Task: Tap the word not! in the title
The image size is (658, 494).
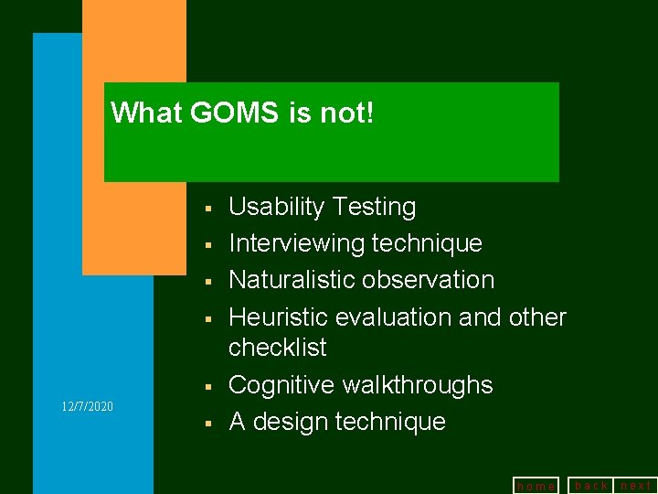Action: pos(347,113)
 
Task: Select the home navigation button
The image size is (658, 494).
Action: pos(536,486)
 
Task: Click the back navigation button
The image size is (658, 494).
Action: pos(591,485)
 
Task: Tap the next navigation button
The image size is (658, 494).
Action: pos(636,485)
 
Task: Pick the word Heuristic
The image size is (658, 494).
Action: pos(278,317)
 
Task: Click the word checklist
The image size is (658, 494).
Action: pos(277,348)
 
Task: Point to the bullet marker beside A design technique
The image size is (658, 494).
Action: pos(209,424)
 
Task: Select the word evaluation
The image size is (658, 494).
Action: pos(386,317)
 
